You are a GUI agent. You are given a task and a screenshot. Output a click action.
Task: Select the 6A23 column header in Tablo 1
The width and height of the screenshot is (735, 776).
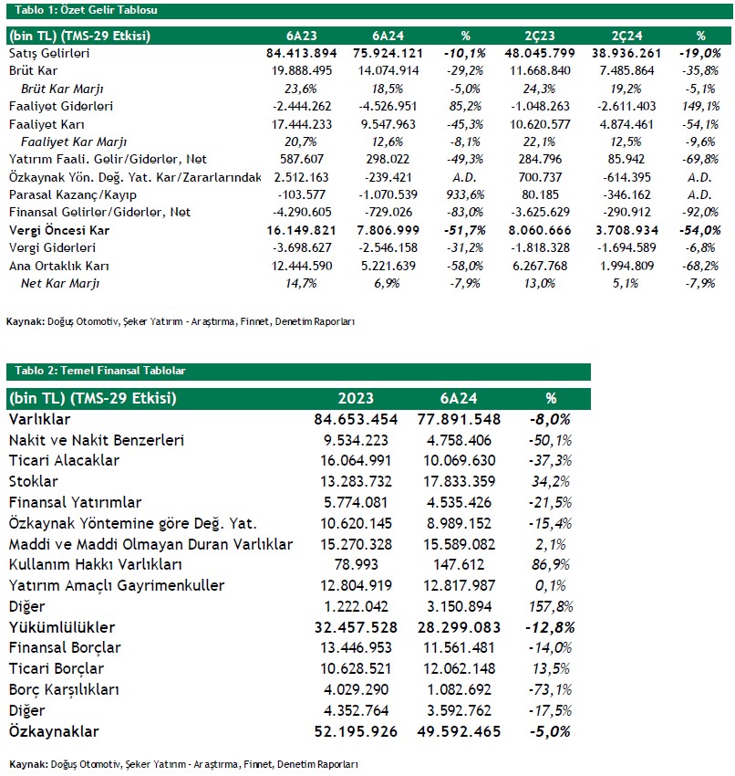(303, 37)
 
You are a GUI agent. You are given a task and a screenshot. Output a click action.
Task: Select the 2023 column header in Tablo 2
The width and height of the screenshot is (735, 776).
(356, 398)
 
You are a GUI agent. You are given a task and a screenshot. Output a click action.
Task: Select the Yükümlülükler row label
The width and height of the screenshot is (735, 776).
(62, 627)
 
